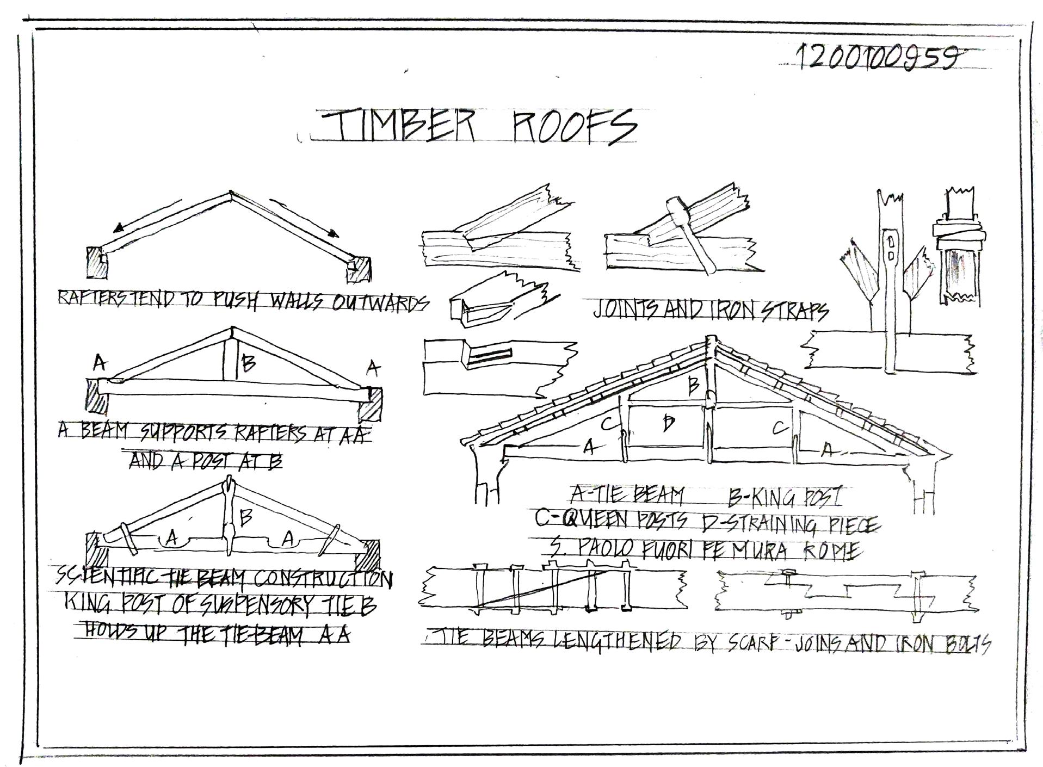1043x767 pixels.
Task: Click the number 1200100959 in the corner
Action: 877,57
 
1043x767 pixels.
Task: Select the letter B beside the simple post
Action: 248,362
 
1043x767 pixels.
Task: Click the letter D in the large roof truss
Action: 669,423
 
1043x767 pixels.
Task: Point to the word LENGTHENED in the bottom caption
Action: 617,641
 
